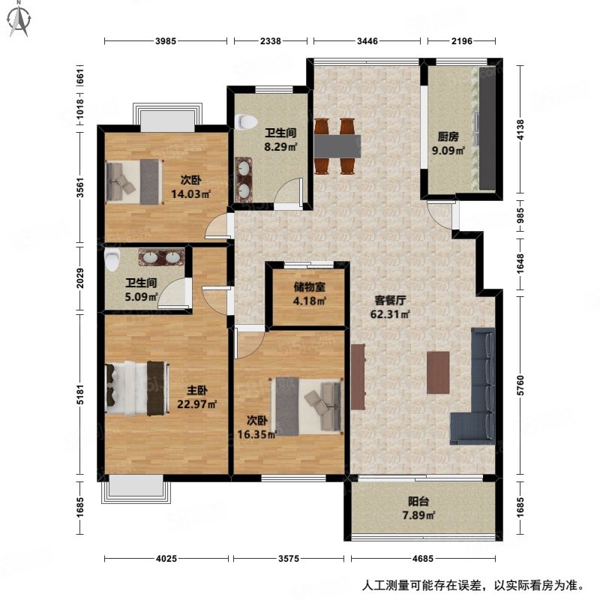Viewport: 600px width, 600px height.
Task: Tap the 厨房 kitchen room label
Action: pos(448,136)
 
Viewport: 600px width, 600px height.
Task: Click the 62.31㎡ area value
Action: pos(388,314)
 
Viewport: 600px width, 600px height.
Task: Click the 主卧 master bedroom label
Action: pos(197,391)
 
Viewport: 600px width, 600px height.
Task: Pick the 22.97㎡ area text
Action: pos(196,405)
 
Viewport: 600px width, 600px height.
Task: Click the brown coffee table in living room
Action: pos(437,373)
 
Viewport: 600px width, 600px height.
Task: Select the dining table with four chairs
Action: pos(335,143)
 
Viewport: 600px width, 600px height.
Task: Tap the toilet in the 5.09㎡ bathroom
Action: pos(112,260)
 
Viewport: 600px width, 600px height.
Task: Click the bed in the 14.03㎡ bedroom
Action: pos(134,181)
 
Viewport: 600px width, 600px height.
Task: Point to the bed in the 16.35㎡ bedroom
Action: pos(305,403)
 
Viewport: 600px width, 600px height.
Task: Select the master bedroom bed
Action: pos(136,388)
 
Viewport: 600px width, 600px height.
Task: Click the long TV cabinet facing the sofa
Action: pos(357,376)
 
